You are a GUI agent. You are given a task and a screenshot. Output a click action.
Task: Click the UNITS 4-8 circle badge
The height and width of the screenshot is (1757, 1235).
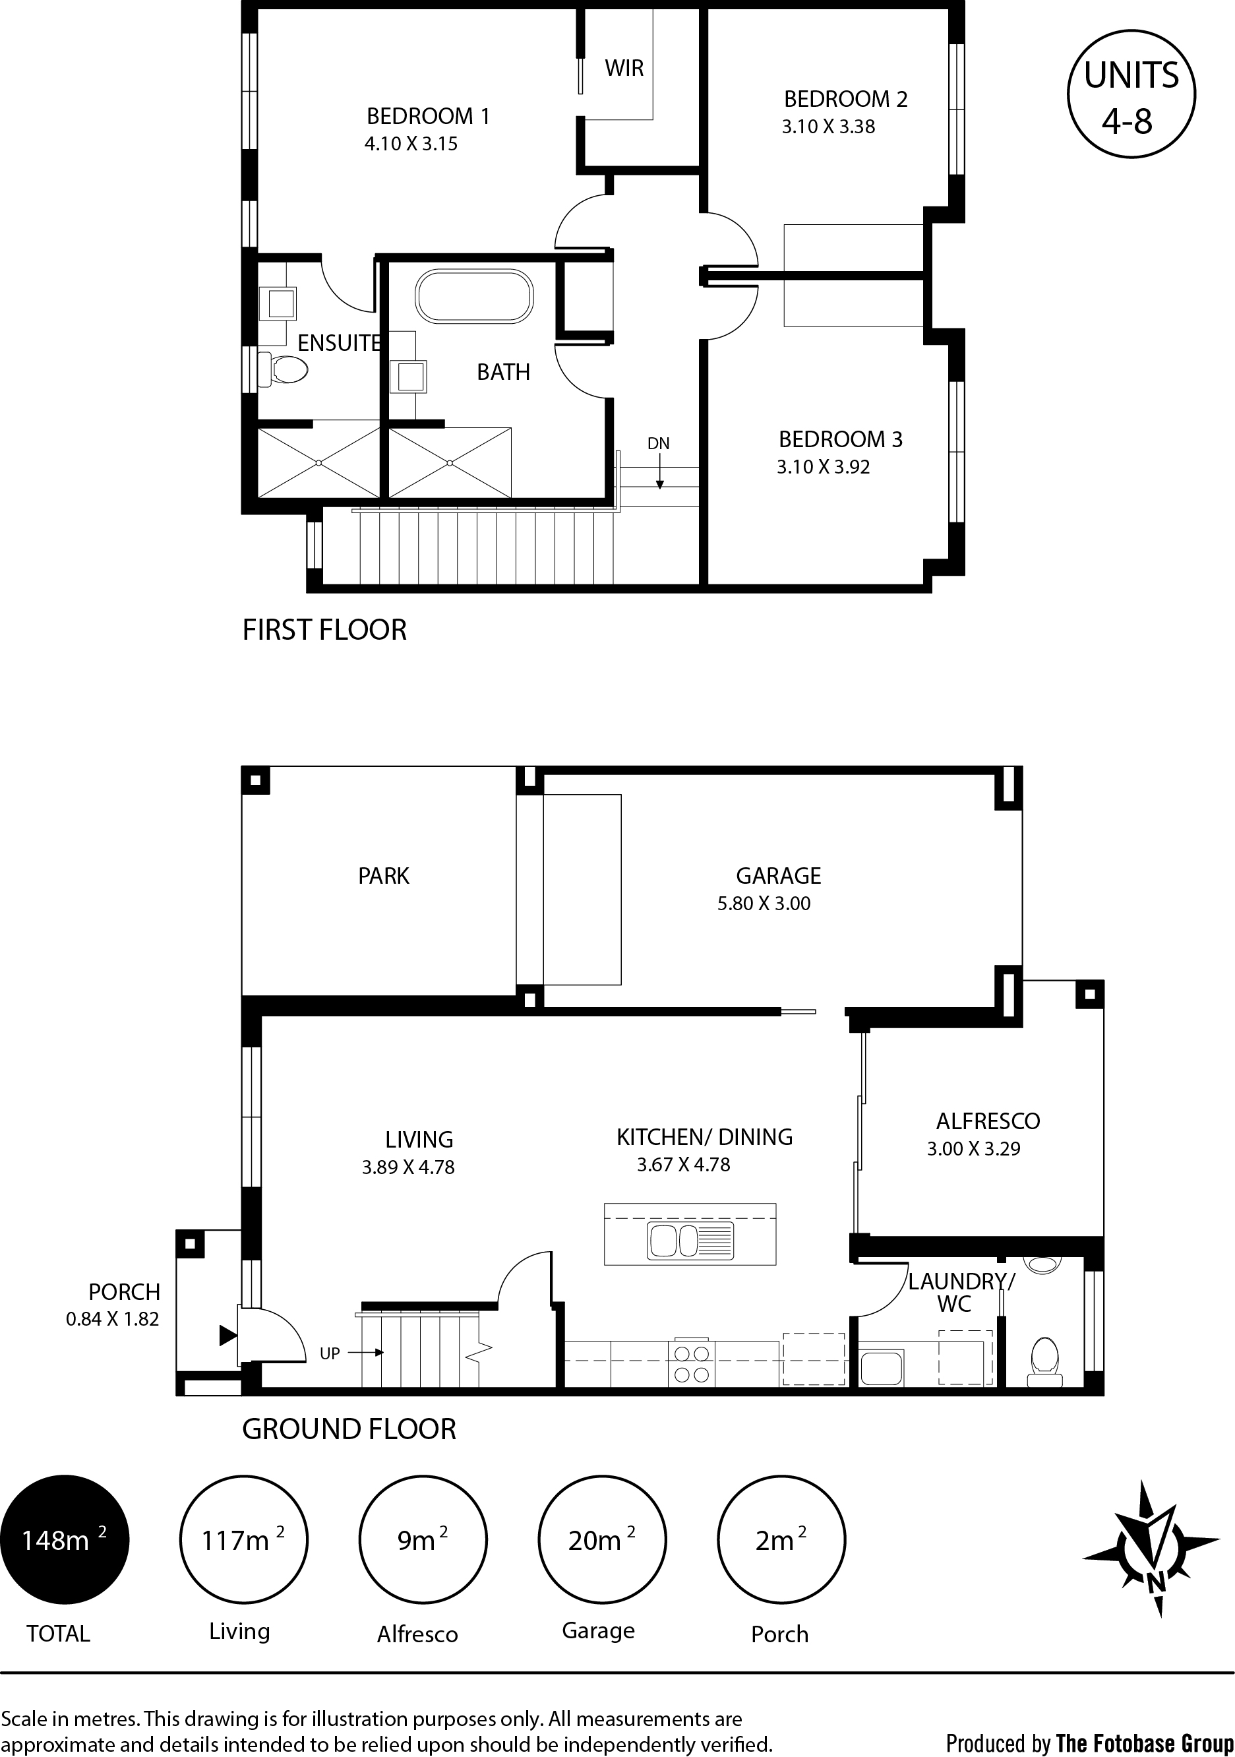click(1131, 94)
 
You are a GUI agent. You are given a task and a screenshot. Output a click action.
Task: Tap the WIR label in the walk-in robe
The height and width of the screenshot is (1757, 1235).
click(624, 68)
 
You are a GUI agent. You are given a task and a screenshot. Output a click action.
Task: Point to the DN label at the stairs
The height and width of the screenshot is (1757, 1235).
click(658, 443)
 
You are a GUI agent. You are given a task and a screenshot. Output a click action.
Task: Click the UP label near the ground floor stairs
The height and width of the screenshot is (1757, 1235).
click(330, 1354)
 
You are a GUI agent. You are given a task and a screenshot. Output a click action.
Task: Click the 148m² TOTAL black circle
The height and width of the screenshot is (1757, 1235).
click(65, 1539)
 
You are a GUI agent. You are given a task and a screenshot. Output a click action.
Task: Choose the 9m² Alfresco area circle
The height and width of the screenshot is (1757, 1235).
click(423, 1539)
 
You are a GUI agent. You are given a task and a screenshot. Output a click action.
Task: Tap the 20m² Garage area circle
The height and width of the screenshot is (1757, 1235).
click(603, 1539)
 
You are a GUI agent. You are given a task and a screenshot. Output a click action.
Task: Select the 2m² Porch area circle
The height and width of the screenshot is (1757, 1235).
click(782, 1539)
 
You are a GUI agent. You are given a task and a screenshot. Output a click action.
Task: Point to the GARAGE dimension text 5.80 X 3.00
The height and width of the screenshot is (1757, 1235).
click(764, 904)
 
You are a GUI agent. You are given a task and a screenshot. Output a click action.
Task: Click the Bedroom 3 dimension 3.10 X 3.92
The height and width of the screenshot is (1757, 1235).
click(824, 467)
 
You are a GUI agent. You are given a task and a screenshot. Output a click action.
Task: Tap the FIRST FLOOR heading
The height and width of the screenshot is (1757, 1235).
click(324, 630)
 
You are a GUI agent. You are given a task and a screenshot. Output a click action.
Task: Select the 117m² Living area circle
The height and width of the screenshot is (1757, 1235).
click(243, 1539)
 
